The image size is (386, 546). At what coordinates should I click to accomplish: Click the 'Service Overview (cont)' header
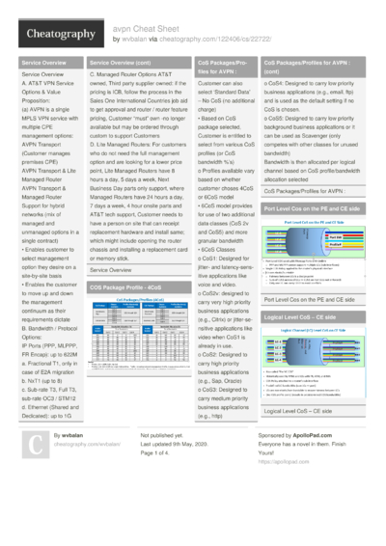coord(122,62)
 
